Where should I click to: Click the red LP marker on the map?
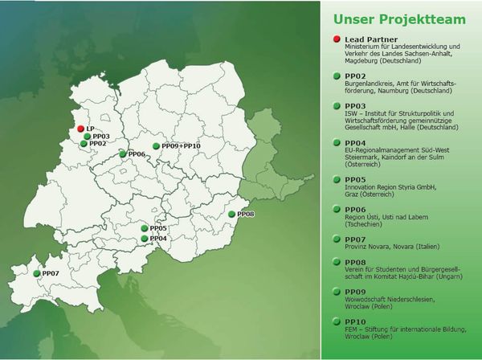click(80, 129)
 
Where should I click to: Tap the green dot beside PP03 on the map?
click(88, 137)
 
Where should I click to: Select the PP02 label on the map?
click(98, 144)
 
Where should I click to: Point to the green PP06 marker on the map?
click(123, 154)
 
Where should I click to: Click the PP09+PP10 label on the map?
click(181, 146)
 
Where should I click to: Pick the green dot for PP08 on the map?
click(232, 215)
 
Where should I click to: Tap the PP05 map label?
click(158, 228)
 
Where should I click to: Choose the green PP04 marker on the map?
click(145, 239)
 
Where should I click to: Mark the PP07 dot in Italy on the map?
click(37, 273)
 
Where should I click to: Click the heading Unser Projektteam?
click(399, 19)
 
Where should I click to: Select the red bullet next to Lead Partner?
click(337, 39)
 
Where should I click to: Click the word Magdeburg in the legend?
click(361, 61)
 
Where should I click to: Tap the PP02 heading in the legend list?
click(355, 76)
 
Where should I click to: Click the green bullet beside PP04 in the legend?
click(337, 143)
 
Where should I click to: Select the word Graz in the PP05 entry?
click(352, 194)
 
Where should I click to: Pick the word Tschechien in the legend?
click(363, 224)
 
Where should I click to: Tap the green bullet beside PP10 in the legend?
click(337, 321)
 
